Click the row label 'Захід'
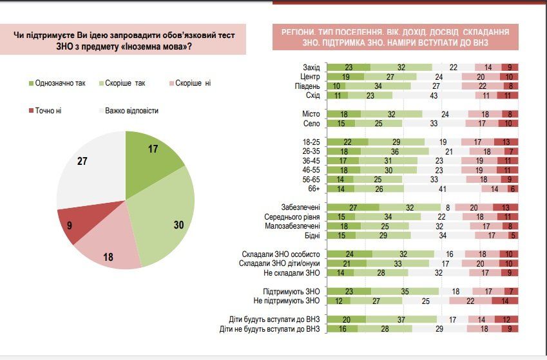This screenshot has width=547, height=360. pos(311,68)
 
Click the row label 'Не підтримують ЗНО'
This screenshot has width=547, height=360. pos(287,301)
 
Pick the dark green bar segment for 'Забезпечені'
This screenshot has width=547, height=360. pos(352,208)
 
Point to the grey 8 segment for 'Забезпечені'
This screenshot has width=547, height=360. pos(446,208)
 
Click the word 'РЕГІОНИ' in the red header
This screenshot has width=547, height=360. pos(301,32)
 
